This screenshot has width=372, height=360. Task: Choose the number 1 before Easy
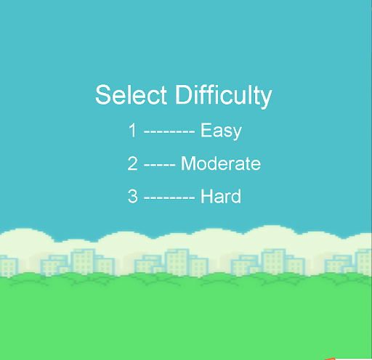point(133,131)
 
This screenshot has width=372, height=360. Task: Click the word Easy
point(221,131)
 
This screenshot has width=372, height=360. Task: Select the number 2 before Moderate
point(132,164)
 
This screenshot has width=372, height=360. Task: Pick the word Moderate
point(221,164)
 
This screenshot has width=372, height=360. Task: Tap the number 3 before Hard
point(132,196)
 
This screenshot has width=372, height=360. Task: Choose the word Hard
point(221,196)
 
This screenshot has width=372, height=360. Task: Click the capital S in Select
point(102,95)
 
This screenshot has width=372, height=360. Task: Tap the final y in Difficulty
point(267,98)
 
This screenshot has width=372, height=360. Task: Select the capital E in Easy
point(206,131)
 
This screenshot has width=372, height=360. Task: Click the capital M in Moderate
point(188,164)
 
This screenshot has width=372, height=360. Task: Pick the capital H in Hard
point(207,196)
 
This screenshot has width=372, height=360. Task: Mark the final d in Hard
point(236,196)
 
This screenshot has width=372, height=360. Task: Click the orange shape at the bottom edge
point(331,358)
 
